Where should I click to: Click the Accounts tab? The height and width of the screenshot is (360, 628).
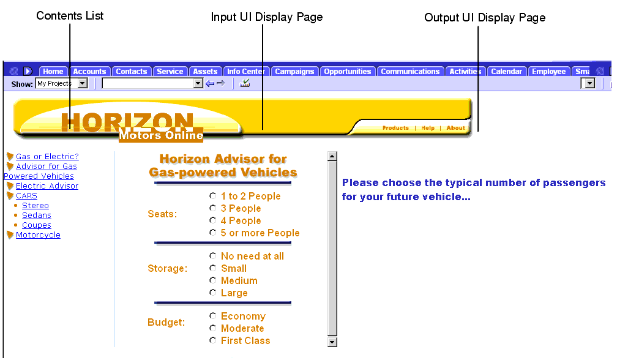click(x=90, y=72)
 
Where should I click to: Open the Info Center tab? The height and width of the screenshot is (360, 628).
click(x=245, y=72)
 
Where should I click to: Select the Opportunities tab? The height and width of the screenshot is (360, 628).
click(x=347, y=72)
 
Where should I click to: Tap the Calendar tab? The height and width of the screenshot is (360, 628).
click(x=506, y=72)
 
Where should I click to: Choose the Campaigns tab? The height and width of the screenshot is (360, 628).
click(x=294, y=72)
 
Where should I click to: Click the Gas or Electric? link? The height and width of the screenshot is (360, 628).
click(x=47, y=157)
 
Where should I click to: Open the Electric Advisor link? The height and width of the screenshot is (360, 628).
click(x=47, y=186)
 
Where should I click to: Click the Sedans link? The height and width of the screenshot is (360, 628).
click(x=37, y=216)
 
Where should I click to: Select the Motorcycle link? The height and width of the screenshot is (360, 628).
click(x=38, y=235)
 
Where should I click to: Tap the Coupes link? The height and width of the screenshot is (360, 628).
click(x=37, y=225)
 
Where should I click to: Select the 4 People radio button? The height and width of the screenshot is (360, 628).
click(x=212, y=220)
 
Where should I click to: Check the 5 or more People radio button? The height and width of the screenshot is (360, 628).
click(x=212, y=233)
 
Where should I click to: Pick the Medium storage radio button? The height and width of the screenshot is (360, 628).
click(x=212, y=280)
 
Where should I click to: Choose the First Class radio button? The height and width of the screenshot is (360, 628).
click(x=212, y=340)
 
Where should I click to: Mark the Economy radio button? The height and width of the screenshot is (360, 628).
click(x=212, y=316)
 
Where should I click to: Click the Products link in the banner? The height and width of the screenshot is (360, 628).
click(x=395, y=128)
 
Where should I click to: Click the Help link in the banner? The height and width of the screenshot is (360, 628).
click(x=428, y=128)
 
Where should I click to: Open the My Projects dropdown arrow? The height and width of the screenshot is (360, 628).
click(x=83, y=83)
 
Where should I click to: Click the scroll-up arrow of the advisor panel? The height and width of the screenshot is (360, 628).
click(x=332, y=156)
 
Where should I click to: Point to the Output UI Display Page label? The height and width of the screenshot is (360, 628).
click(x=485, y=18)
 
